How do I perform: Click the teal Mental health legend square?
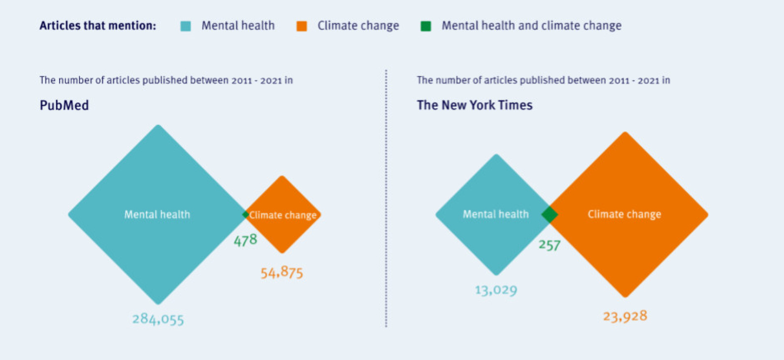pyautogui.click(x=186, y=26)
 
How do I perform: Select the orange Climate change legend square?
pyautogui.click(x=302, y=26)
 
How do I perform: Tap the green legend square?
pyautogui.click(x=426, y=26)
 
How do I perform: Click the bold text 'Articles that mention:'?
pyautogui.click(x=98, y=26)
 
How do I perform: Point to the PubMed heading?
pyautogui.click(x=64, y=105)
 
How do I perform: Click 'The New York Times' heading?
pyautogui.click(x=474, y=105)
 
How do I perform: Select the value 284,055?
pyautogui.click(x=158, y=319)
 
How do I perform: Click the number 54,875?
pyautogui.click(x=281, y=272)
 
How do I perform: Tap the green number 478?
pyautogui.click(x=245, y=240)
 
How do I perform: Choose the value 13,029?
pyautogui.click(x=496, y=290)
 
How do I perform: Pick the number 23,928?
pyautogui.click(x=625, y=316)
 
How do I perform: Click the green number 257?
pyautogui.click(x=549, y=245)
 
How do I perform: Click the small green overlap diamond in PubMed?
pyautogui.click(x=246, y=214)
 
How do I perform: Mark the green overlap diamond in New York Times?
pyautogui.click(x=550, y=214)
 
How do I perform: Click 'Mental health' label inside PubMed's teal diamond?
pyautogui.click(x=157, y=214)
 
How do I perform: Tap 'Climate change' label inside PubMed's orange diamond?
pyautogui.click(x=283, y=215)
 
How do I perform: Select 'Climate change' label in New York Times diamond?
pyautogui.click(x=624, y=214)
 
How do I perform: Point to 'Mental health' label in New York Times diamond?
pyautogui.click(x=496, y=214)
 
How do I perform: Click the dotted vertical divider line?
pyautogui.click(x=386, y=199)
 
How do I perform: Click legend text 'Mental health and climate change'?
pyautogui.click(x=531, y=26)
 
